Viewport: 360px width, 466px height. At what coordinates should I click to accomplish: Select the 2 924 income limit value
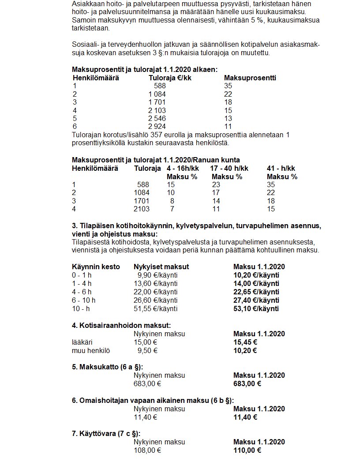point(157,127)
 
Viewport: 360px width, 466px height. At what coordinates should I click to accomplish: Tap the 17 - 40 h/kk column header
point(229,168)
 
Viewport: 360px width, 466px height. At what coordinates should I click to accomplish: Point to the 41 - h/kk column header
point(281,168)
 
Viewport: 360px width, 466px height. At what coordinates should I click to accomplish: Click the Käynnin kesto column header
point(96,267)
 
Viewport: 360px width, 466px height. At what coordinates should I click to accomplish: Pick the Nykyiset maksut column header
point(161,267)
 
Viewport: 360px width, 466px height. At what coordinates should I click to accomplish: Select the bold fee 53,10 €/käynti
point(256,308)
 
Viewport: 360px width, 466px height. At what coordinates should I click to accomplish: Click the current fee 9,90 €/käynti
point(157,275)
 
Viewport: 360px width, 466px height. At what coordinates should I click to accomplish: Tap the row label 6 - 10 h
point(83,300)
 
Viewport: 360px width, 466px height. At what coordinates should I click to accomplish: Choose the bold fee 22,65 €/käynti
point(256,292)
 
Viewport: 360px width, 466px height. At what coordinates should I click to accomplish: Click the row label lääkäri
point(82,342)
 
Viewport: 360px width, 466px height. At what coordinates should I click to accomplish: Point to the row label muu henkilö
point(91,350)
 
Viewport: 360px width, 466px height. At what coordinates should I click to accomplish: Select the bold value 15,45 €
point(245,342)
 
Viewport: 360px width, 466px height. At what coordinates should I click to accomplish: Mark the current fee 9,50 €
point(147,350)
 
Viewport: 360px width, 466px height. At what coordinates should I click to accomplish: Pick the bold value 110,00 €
point(247,450)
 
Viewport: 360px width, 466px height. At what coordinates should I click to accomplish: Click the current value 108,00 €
point(147,450)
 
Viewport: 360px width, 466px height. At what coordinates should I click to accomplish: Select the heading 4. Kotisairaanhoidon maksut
point(121,325)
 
